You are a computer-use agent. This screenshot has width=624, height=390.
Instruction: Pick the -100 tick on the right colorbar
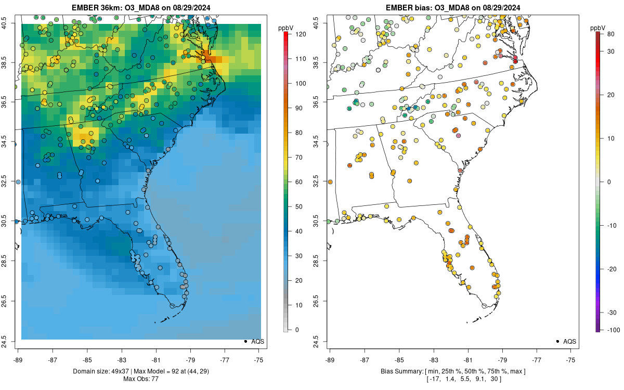(613, 330)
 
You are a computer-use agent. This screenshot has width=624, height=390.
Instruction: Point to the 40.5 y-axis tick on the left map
(11, 23)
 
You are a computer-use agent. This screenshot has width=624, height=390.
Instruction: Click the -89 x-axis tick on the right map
(330, 359)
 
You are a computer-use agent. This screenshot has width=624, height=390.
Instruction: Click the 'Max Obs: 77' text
(141, 379)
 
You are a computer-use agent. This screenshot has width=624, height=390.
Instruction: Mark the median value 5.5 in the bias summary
(460, 379)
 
